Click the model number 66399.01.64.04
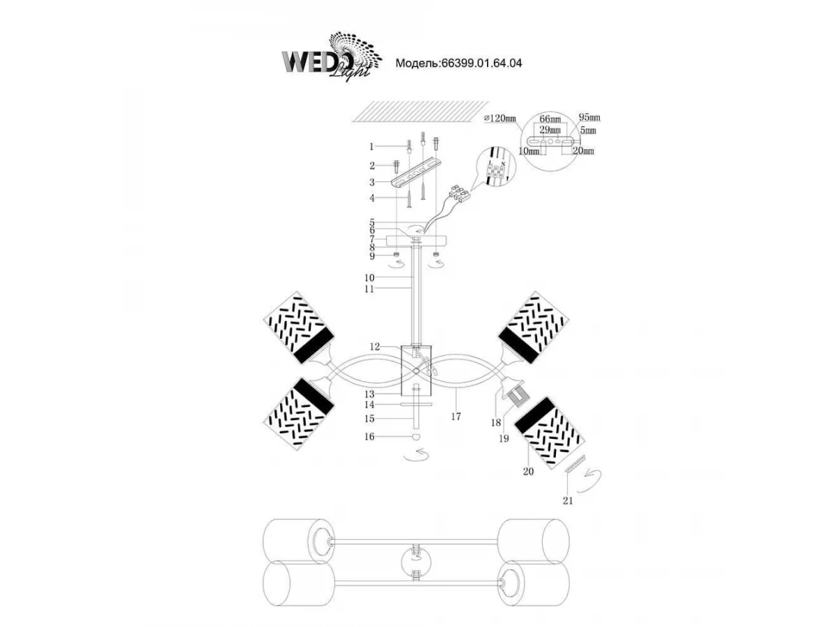click(x=481, y=63)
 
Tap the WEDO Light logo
click(x=332, y=56)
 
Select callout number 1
click(x=372, y=146)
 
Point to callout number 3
click(x=372, y=182)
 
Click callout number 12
click(x=375, y=346)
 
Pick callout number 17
click(x=456, y=417)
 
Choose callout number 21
click(x=568, y=500)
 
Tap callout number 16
click(x=370, y=437)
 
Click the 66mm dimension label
click(x=550, y=120)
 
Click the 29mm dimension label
click(x=550, y=130)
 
